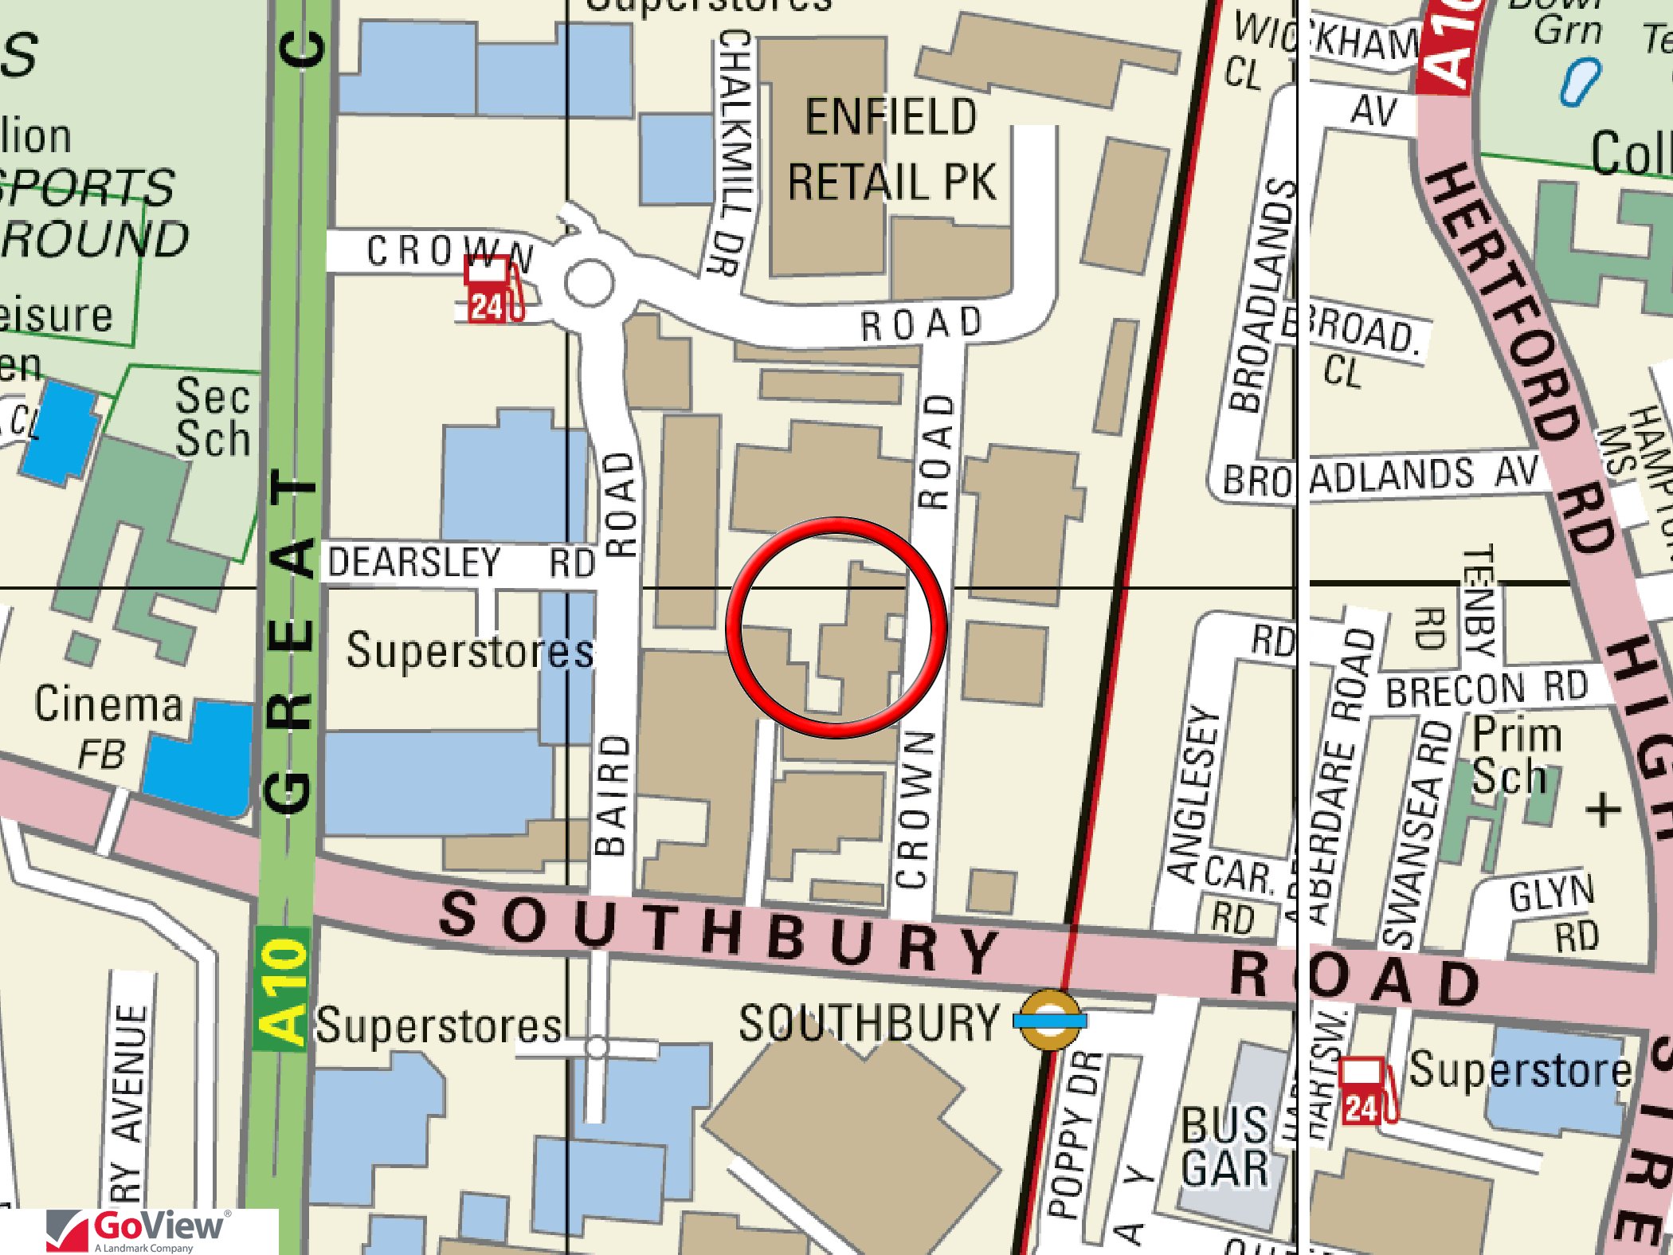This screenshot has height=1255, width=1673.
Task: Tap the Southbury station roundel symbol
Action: [1050, 1019]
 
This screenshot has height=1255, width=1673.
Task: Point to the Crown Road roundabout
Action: [589, 282]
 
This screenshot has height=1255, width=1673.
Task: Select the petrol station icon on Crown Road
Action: [494, 290]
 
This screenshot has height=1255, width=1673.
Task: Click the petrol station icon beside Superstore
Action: [1365, 1091]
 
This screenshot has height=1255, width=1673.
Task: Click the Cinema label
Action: [108, 704]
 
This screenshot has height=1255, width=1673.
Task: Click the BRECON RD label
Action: [1486, 688]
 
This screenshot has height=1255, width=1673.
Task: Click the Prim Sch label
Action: [1514, 755]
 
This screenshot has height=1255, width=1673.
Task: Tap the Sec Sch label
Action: [212, 417]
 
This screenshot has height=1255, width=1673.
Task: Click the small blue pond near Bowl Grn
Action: [1579, 81]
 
